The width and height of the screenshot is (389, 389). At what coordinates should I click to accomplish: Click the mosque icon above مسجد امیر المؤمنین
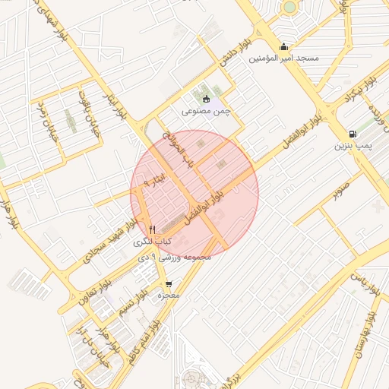pyautogui.click(x=284, y=46)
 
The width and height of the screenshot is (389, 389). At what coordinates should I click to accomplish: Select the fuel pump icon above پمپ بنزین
pyautogui.click(x=351, y=134)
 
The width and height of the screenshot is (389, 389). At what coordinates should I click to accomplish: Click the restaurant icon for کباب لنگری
pyautogui.click(x=152, y=229)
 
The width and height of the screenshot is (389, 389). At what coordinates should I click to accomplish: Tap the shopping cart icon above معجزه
pyautogui.click(x=168, y=284)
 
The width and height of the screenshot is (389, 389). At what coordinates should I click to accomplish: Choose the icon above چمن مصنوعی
pyautogui.click(x=205, y=99)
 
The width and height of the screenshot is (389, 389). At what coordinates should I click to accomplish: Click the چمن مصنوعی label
pyautogui.click(x=205, y=111)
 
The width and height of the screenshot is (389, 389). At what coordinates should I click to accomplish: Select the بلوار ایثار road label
pyautogui.click(x=114, y=105)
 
